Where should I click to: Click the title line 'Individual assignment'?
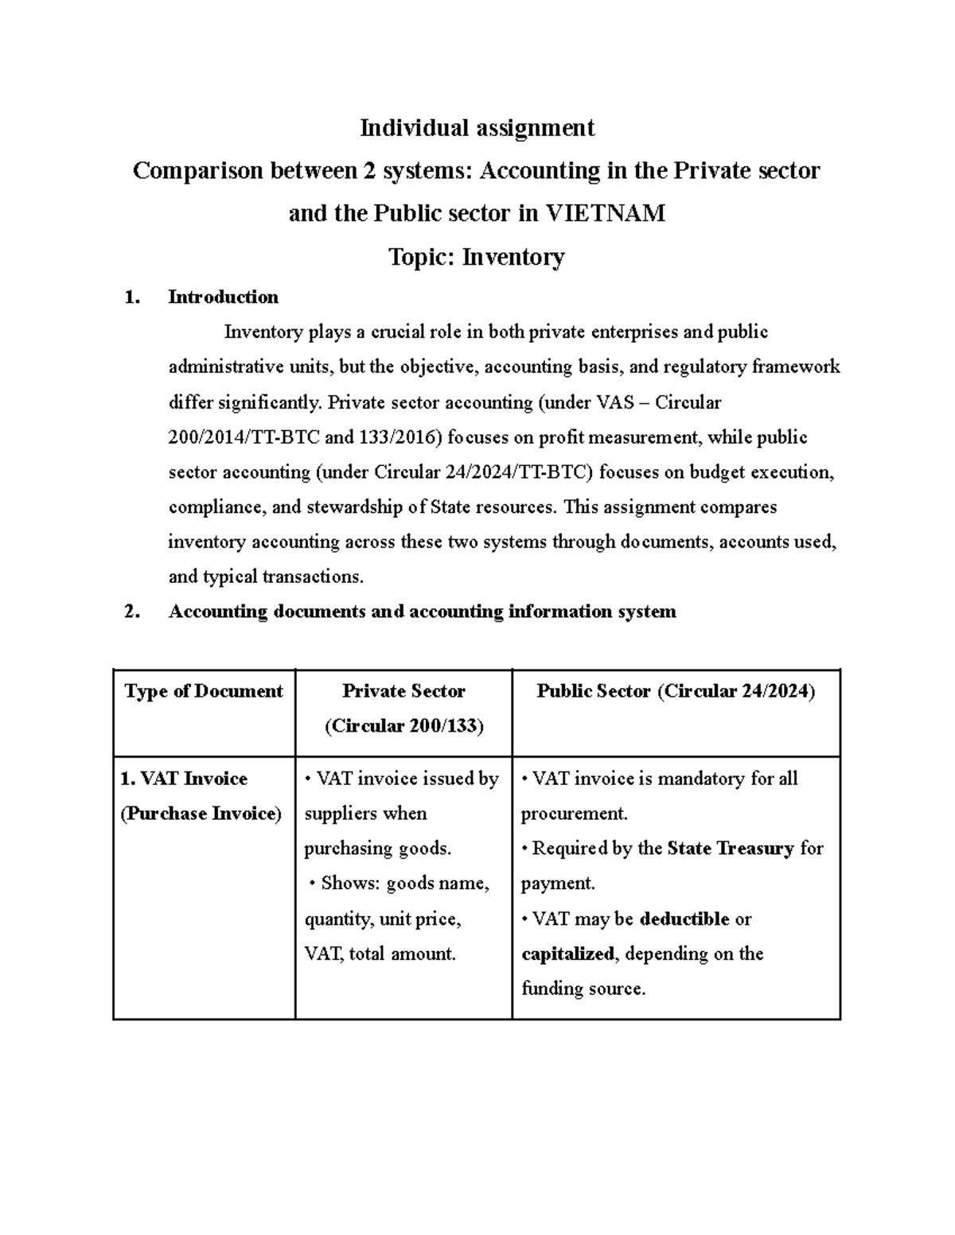tap(477, 127)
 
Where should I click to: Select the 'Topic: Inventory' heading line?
tap(476, 257)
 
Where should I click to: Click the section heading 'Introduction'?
tap(223, 297)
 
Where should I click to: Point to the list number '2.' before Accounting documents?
tap(133, 612)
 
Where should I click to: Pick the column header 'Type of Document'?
tap(204, 691)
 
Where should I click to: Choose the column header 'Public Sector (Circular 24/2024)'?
tap(676, 691)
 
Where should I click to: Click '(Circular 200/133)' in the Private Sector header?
tap(403, 726)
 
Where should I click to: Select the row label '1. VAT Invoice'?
tap(184, 779)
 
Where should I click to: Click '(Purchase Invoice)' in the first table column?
tap(201, 814)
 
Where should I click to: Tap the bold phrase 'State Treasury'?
tap(731, 849)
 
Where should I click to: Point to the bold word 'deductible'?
tap(684, 918)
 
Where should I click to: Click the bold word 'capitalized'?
tap(567, 953)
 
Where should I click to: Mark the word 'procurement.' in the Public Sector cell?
tap(574, 814)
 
